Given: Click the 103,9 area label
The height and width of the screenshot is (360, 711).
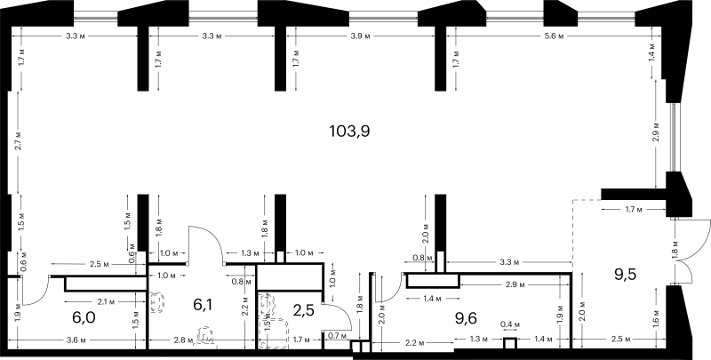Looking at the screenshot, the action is [349, 132].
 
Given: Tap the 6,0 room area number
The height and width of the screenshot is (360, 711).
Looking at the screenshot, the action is [84, 318].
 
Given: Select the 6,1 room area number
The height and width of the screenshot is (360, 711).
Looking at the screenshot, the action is [203, 305].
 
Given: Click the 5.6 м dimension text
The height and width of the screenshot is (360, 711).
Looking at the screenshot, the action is [555, 36].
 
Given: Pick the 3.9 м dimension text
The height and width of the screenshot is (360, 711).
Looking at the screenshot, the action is [361, 36].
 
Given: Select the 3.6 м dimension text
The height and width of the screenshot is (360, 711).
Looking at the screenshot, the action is [78, 340].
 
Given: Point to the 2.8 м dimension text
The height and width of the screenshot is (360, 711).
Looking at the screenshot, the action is [183, 340].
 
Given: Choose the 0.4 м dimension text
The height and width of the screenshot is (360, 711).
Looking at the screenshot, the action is [509, 324].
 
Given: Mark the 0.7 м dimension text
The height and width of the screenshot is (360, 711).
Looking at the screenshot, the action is [337, 336].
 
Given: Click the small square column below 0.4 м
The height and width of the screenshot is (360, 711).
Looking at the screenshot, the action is [510, 344].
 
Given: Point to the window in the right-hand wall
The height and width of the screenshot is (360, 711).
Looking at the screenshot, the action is [674, 138].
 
